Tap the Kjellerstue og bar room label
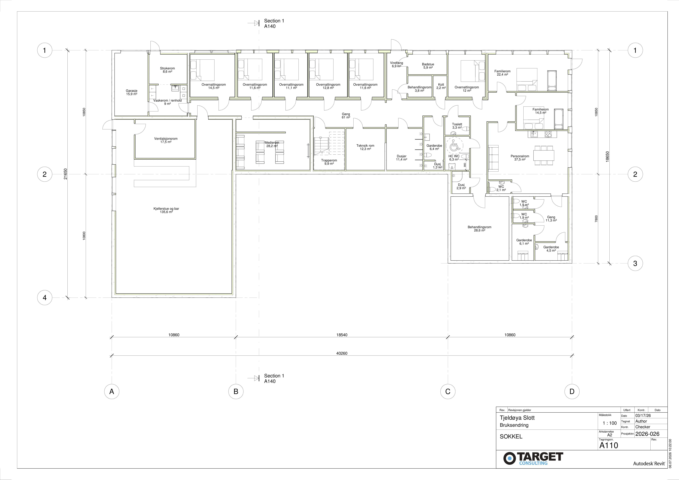click(x=166, y=210)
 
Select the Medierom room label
click(x=271, y=144)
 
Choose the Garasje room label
click(x=132, y=92)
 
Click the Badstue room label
click(x=428, y=66)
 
